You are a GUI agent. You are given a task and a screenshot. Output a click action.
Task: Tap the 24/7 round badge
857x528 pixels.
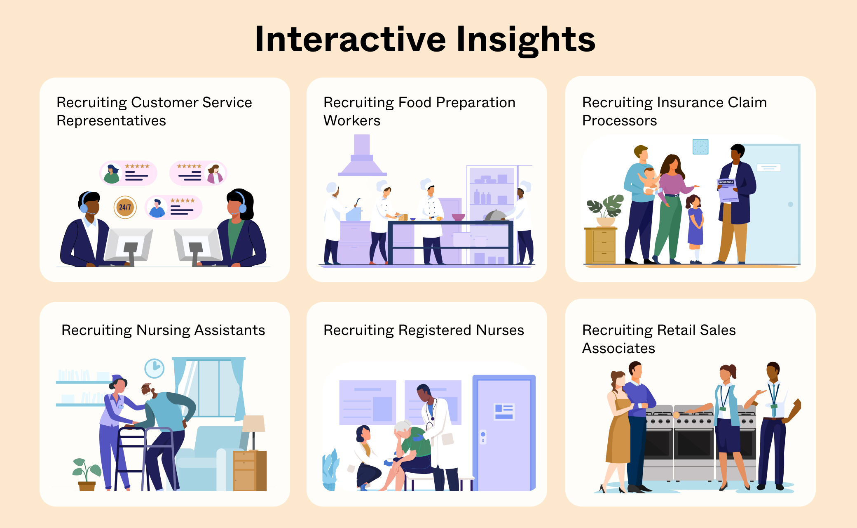[x=125, y=207]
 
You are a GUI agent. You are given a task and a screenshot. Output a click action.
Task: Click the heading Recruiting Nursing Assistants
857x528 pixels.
[x=163, y=330]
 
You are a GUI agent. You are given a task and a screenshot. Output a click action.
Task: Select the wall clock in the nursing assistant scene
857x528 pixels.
[x=155, y=368]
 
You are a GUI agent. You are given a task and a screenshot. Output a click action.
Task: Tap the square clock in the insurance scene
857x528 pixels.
[x=700, y=147]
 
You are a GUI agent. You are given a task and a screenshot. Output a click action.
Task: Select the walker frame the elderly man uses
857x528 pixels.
[x=144, y=454]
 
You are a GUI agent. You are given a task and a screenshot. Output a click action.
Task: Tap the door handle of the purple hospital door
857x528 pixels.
[x=483, y=436]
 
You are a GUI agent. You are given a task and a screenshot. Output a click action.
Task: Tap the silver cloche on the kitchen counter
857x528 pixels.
[x=495, y=216]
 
